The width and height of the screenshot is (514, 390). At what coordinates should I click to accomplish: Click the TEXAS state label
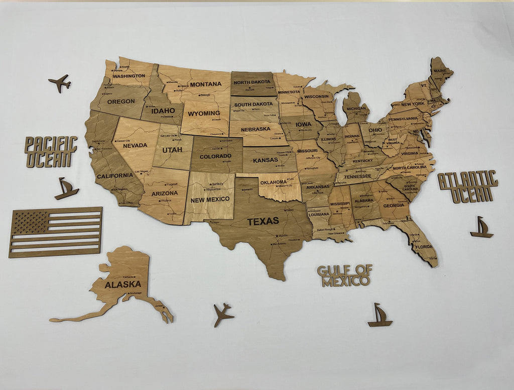point(263,221)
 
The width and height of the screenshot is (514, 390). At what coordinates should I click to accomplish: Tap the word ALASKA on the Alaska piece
point(122,284)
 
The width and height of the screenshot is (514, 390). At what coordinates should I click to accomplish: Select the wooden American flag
point(55,232)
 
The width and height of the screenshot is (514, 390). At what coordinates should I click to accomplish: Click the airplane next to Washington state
point(60,82)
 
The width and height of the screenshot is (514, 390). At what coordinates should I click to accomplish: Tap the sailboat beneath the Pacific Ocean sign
point(66,188)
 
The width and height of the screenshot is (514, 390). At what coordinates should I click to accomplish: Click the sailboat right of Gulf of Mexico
point(380,316)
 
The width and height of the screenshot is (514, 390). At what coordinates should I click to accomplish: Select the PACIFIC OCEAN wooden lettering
point(51,151)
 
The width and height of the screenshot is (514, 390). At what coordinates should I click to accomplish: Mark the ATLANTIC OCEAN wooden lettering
point(468,186)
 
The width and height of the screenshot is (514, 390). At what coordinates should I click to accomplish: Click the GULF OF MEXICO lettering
point(345,275)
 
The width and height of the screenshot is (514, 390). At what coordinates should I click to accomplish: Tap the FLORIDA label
point(424,247)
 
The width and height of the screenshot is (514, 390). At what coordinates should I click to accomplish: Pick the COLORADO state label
point(215,156)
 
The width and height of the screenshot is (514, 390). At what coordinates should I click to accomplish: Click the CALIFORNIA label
point(114,176)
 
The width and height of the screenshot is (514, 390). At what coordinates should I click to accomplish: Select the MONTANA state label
point(206,84)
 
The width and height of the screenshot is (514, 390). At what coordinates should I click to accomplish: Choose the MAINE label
point(440,71)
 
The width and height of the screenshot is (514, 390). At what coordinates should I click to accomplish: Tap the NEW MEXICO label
point(210,200)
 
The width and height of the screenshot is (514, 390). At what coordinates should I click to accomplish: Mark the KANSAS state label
point(266,160)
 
